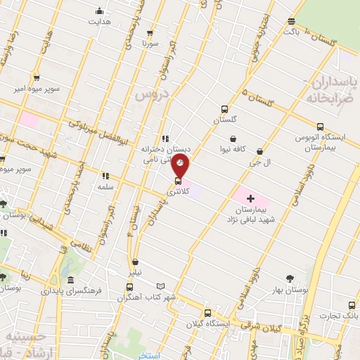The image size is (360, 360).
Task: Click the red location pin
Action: coord(181,167)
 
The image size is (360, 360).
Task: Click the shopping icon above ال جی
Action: coord(261,150)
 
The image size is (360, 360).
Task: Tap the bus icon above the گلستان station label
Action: coord(224,109)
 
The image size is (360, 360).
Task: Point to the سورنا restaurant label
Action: coord(150,44)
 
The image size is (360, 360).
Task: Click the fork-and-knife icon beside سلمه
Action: coord(105,176)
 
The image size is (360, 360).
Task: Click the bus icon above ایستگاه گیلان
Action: coord(207,313)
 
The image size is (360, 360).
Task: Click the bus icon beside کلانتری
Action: coord(176,181)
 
